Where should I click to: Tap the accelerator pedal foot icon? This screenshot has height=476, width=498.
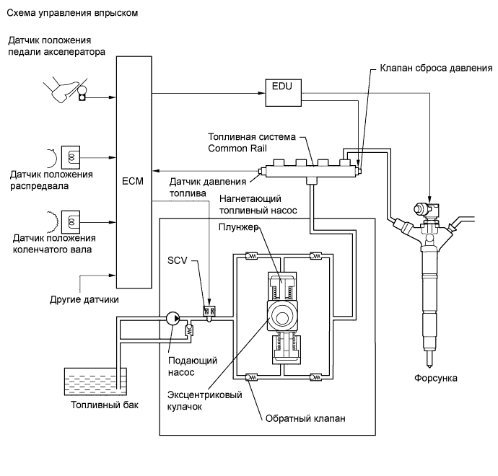click(63, 92)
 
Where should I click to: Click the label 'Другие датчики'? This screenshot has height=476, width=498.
click(84, 298)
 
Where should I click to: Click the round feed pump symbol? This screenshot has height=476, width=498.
click(172, 317)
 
